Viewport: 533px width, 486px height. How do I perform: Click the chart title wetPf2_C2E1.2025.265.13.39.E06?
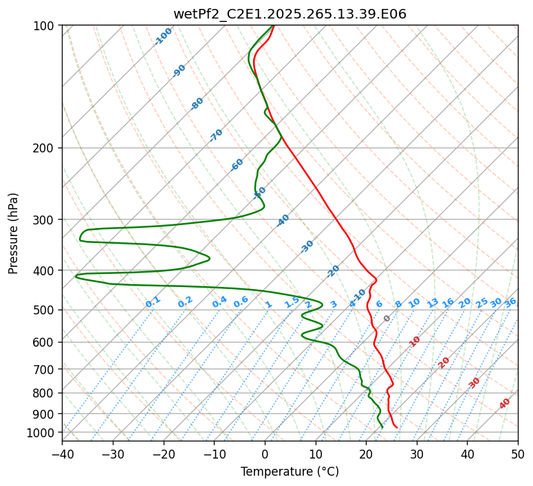tap(290, 14)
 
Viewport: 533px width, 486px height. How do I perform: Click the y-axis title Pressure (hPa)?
tap(14, 233)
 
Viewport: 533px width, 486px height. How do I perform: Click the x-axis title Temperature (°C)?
tap(290, 472)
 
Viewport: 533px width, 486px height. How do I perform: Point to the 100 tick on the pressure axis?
tap(45, 25)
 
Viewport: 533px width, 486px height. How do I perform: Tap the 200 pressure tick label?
tap(45, 148)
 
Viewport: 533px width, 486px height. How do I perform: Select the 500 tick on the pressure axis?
tap(45, 310)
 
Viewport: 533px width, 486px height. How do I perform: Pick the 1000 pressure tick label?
tap(42, 432)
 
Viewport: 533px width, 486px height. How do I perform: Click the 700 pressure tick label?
tap(45, 369)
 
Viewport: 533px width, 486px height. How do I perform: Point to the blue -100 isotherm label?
tap(163, 36)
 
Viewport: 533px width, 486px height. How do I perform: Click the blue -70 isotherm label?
tap(216, 135)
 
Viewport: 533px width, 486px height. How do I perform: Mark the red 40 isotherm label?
tap(505, 404)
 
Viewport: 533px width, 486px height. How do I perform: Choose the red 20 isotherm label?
tap(444, 362)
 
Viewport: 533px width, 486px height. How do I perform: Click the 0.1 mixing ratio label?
tap(153, 302)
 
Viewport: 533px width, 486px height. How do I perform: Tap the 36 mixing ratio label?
tap(510, 303)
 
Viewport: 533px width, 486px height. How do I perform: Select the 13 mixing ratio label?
tap(433, 303)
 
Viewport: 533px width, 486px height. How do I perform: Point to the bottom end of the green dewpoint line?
tap(382, 428)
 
